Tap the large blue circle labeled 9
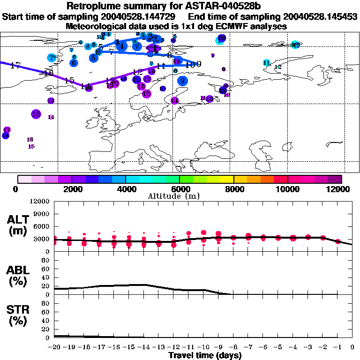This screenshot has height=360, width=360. pyautogui.click(x=182, y=81)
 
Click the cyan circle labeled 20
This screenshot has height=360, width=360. pyautogui.click(x=221, y=39)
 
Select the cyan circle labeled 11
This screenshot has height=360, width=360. pyautogui.click(x=267, y=63)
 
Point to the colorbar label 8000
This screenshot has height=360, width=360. pyautogui.click(x=233, y=189)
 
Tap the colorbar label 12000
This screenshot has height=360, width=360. pyautogui.click(x=339, y=189)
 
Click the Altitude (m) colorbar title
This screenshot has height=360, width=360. pyautogui.click(x=180, y=195)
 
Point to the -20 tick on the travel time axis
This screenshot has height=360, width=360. pyautogui.click(x=55, y=347)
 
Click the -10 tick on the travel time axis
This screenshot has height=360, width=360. pyautogui.click(x=203, y=347)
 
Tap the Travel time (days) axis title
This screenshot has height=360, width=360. pyautogui.click(x=205, y=355)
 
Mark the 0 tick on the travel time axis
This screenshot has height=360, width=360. pyautogui.click(x=352, y=347)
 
